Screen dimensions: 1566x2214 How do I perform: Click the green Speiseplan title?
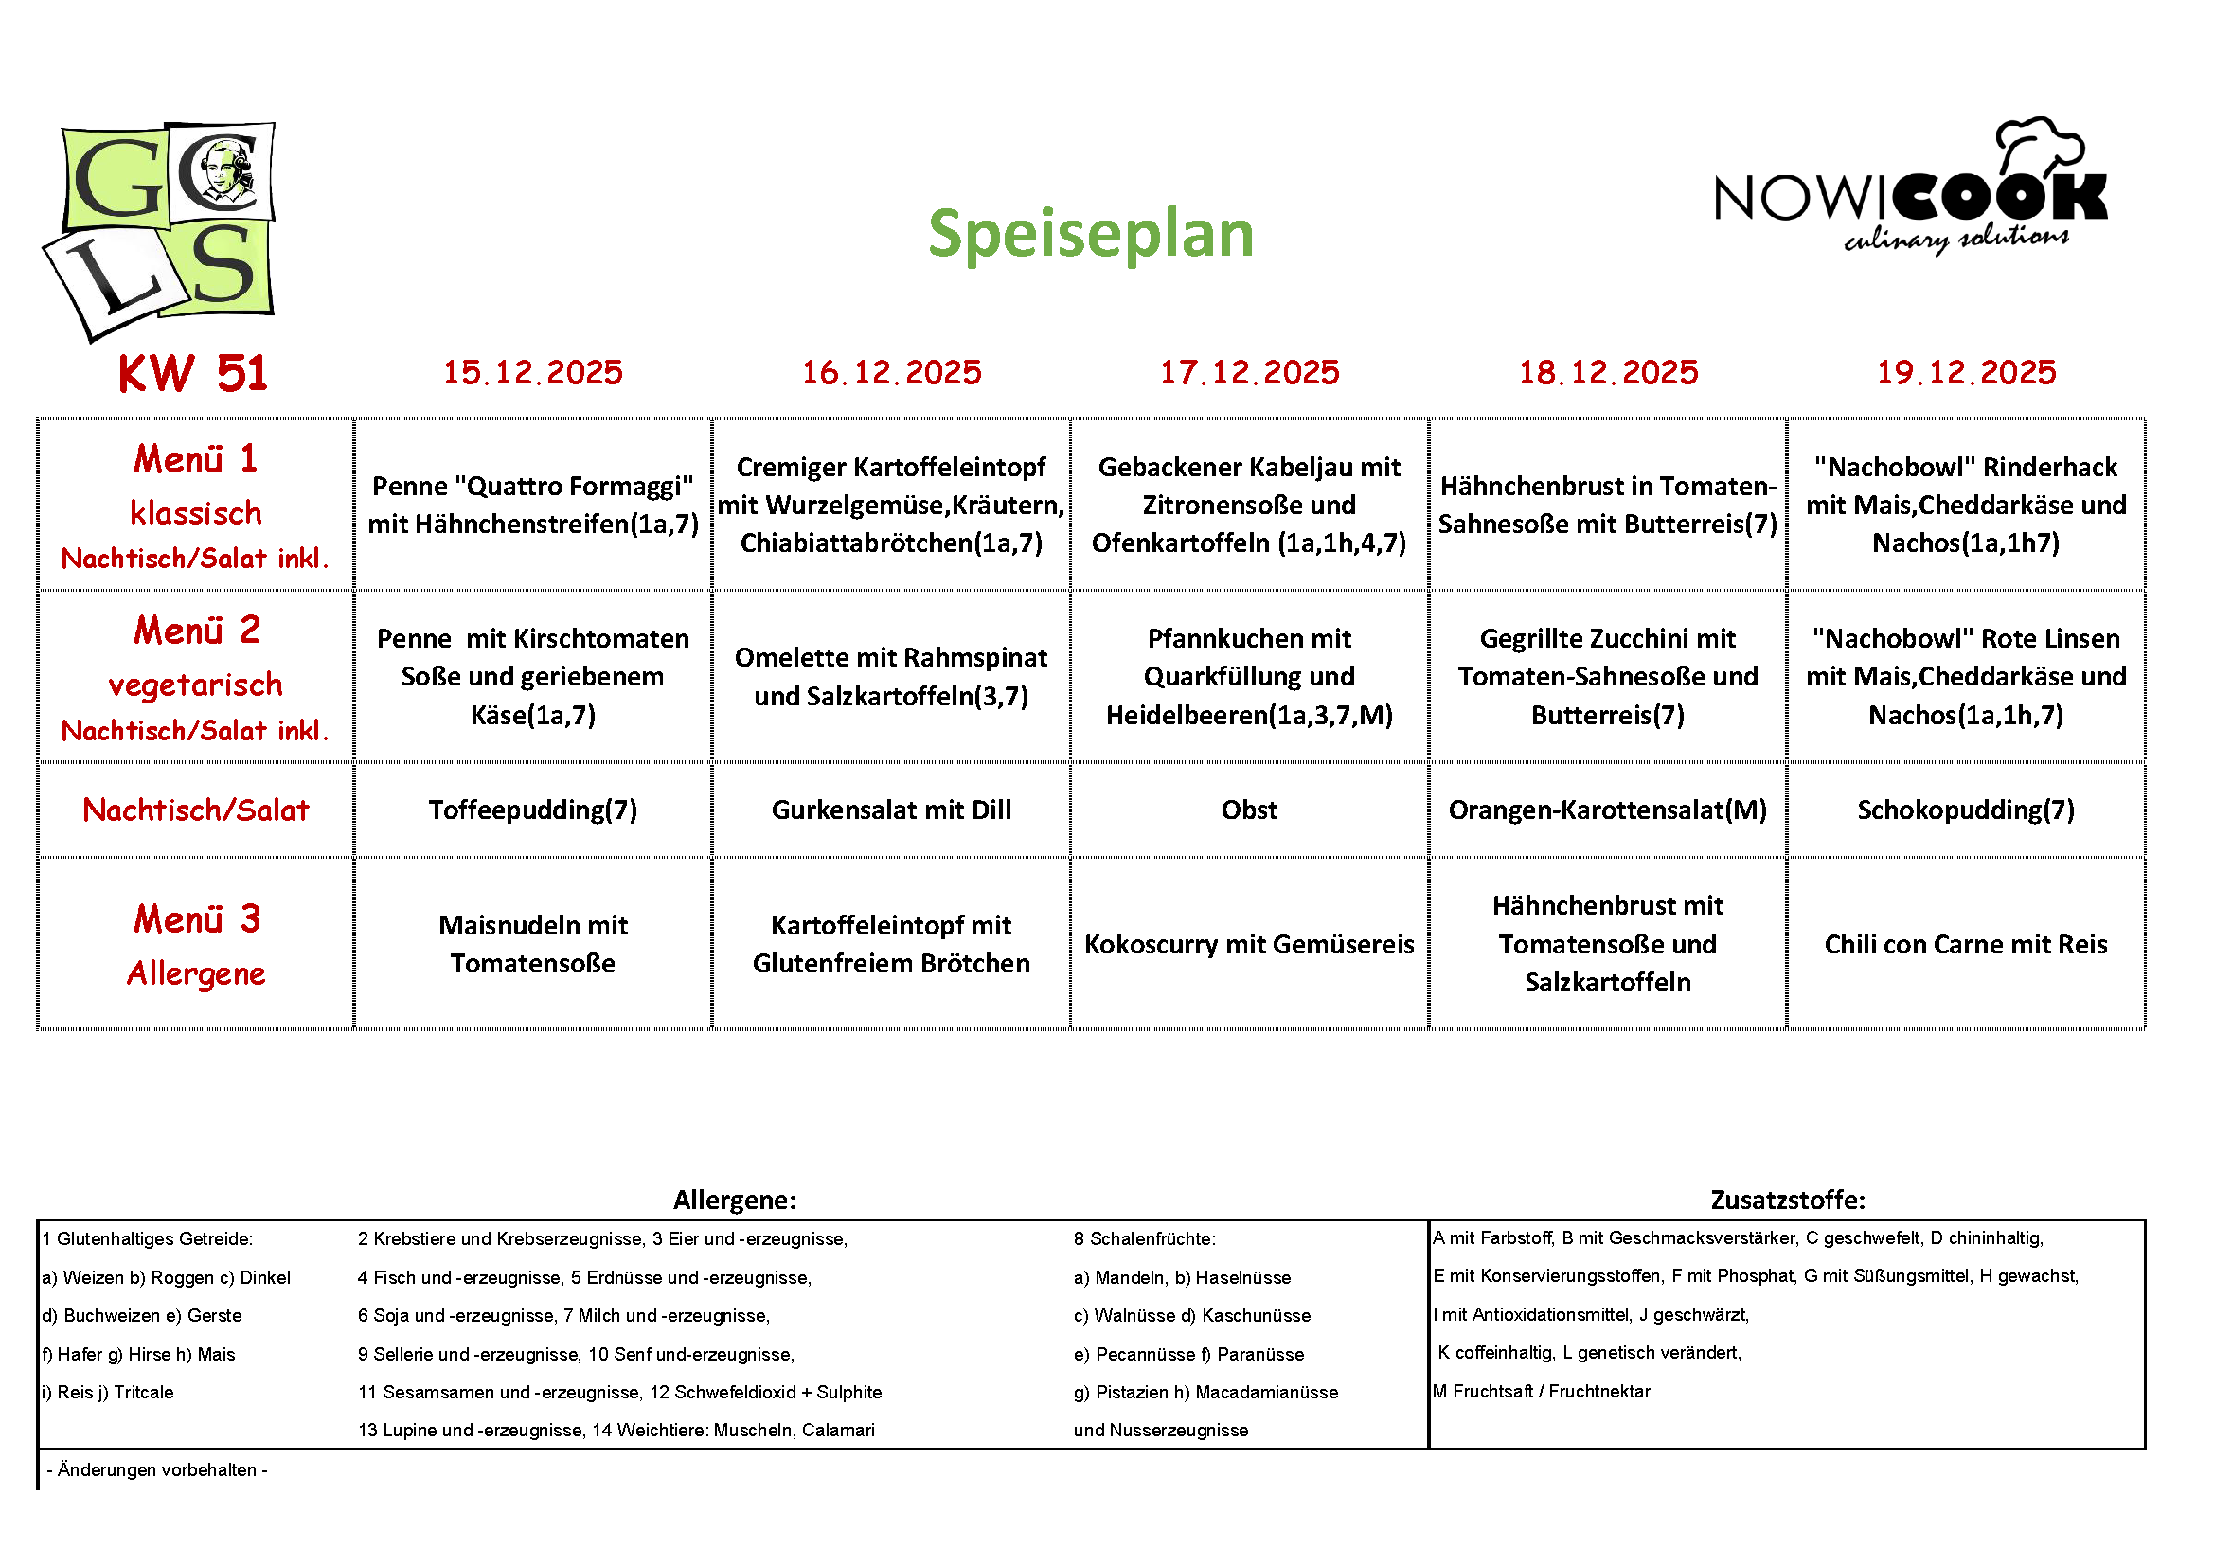point(1091,234)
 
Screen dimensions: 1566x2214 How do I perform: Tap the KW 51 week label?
point(193,373)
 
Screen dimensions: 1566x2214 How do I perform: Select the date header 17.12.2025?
point(1250,372)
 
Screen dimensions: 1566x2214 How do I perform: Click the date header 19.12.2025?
point(1966,372)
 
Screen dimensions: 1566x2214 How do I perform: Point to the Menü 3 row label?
point(197,944)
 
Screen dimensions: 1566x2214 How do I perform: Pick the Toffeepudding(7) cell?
point(533,810)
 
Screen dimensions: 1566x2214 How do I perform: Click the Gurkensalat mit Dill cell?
point(891,810)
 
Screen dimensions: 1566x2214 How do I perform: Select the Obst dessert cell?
point(1250,810)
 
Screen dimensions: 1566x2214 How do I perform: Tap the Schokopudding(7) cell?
point(1966,810)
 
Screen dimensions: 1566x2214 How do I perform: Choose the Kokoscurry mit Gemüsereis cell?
point(1250,944)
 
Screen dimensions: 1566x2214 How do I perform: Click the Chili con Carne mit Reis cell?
point(1966,944)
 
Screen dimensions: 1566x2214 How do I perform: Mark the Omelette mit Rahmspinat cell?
point(891,676)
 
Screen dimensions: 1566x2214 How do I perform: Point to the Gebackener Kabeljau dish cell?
point(1250,505)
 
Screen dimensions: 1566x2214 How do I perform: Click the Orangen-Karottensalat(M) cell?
point(1607,810)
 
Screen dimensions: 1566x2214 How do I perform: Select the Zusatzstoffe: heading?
point(1788,1200)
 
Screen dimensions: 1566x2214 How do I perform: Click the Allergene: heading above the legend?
point(735,1200)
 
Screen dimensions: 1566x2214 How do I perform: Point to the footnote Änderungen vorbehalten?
point(157,1469)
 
